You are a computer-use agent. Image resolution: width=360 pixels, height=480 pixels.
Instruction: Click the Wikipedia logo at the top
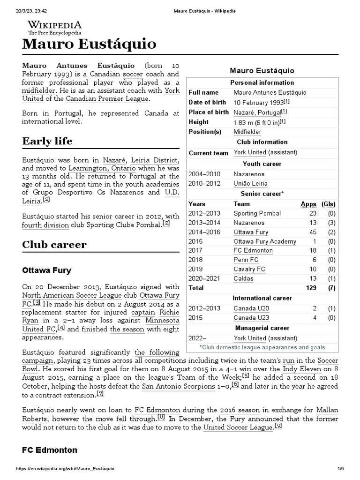[x=55, y=28]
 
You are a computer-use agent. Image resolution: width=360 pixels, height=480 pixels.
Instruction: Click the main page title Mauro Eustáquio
[x=89, y=45]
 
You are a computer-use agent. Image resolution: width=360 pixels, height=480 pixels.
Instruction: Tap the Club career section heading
[x=54, y=245]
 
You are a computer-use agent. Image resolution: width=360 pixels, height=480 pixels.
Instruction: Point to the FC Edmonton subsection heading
[x=49, y=450]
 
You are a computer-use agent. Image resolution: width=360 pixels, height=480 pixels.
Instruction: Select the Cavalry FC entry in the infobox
[x=249, y=270]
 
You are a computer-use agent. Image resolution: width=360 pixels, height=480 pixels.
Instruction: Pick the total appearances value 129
[x=311, y=288]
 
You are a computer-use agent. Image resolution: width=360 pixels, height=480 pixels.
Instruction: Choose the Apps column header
[x=308, y=204]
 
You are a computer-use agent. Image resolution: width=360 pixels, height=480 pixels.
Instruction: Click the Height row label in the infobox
[x=198, y=122]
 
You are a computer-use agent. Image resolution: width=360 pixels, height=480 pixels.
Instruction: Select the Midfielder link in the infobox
[x=247, y=132]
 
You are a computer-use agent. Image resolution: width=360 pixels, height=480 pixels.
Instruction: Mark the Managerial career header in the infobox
[x=262, y=328]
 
